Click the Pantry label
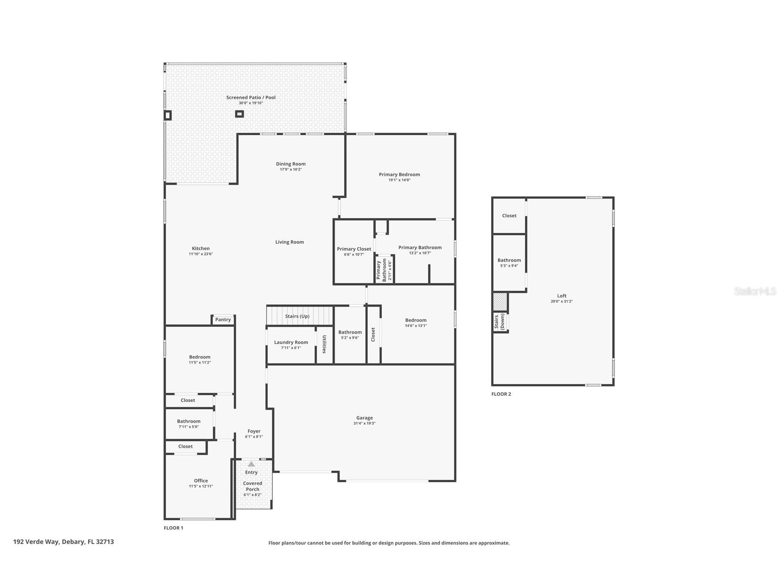(223, 319)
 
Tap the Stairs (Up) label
(297, 316)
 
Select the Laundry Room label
(291, 342)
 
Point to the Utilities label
(324, 344)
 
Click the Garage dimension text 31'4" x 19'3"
(364, 423)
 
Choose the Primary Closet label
(354, 249)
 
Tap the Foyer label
(254, 431)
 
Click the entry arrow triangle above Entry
(251, 464)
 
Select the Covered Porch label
(253, 486)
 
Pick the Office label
(201, 481)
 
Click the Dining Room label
(291, 164)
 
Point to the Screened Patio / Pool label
(251, 98)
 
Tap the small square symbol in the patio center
(239, 114)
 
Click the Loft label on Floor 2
(562, 296)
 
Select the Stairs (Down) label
(499, 322)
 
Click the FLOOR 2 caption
(501, 394)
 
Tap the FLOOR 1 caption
(173, 528)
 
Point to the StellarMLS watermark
(755, 291)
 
